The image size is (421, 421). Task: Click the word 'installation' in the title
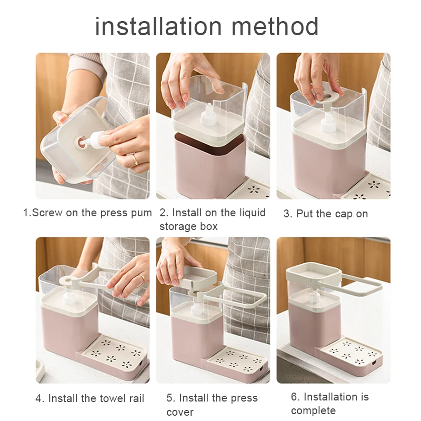pos(158,26)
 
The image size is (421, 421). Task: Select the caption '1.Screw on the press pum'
pos(87,213)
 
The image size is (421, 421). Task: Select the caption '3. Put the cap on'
pos(326,214)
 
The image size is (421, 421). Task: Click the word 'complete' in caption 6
pos(313,410)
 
